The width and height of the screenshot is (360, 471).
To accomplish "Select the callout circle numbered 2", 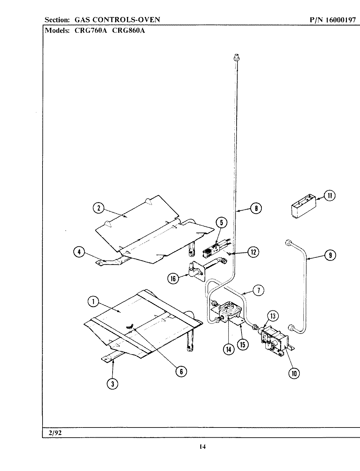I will (99, 208).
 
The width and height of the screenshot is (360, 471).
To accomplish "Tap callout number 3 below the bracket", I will (112, 384).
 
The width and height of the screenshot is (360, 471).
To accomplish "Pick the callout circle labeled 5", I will (221, 223).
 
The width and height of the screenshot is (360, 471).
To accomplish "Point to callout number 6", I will (181, 371).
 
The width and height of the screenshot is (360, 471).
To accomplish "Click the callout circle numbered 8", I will (256, 208).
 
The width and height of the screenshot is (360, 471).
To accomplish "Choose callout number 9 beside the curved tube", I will (330, 255).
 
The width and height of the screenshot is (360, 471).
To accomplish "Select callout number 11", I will (330, 196).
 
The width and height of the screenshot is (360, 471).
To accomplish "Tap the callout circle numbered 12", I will (253, 252).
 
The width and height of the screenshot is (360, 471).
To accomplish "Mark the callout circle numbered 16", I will (173, 278).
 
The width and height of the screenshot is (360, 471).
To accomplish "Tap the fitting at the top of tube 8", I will (236, 58).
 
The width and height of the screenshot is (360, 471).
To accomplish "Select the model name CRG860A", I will (131, 31).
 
